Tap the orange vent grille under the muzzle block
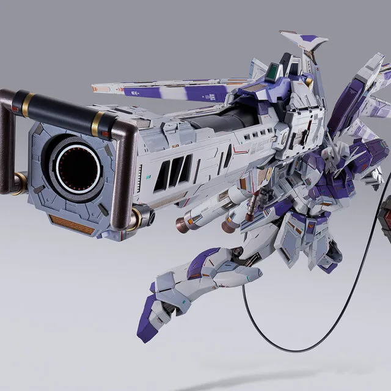coord(71,224)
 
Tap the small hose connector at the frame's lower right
coord(142,216)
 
